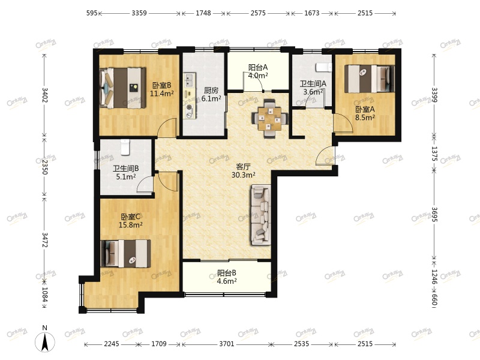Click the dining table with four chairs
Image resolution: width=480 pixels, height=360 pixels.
coord(268,116)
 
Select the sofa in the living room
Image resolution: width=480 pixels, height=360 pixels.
coord(261,214)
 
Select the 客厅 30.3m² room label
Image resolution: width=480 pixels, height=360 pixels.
coord(244,171)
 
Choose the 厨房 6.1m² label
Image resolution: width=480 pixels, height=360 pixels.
coord(211,94)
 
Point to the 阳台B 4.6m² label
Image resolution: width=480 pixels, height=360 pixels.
coord(227,277)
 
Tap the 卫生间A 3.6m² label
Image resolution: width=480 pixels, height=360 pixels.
coord(313,88)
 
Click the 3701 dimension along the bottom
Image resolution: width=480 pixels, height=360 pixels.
coord(226,344)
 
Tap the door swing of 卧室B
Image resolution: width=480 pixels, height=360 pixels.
coord(169,127)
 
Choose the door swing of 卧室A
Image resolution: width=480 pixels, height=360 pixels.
coord(342,125)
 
